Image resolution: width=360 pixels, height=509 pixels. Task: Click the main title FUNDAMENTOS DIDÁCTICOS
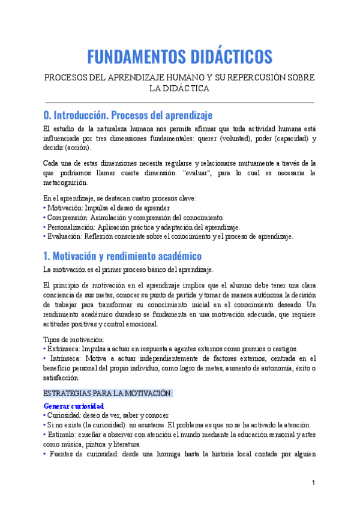coord(179,56)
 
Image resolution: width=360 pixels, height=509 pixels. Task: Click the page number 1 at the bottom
coord(313,483)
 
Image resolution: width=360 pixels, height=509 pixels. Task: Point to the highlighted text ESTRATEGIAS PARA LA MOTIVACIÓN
coord(108,393)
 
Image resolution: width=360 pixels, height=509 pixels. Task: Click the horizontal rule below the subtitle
coord(179,102)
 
